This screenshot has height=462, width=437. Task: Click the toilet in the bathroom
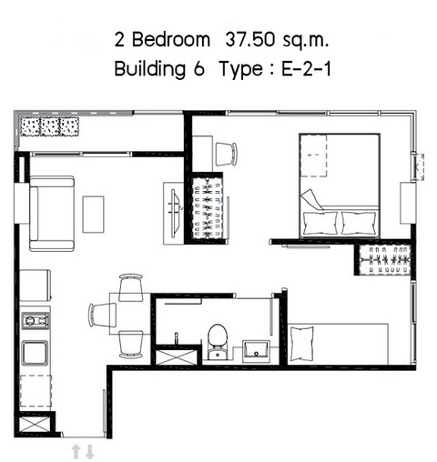click(x=218, y=342)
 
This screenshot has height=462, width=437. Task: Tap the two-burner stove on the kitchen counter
click(x=36, y=320)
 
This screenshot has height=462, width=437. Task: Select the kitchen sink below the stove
click(x=36, y=353)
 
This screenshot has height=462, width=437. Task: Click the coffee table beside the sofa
click(x=94, y=215)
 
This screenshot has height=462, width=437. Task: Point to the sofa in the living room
click(x=52, y=214)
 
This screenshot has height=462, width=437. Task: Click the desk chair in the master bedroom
click(x=226, y=154)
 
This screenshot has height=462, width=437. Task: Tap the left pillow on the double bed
click(x=320, y=223)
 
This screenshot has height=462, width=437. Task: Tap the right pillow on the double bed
click(x=359, y=223)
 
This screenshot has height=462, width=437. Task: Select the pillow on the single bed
click(x=301, y=344)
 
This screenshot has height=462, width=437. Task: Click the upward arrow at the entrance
click(x=76, y=452)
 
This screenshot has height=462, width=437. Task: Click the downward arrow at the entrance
click(x=89, y=452)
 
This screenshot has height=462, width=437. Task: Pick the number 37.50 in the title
click(x=249, y=40)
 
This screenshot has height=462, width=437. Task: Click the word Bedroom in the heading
click(x=171, y=40)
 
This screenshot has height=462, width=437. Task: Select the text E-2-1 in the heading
click(x=306, y=69)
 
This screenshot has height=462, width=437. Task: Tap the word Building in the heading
click(x=149, y=69)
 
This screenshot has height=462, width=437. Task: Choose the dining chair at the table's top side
click(x=131, y=287)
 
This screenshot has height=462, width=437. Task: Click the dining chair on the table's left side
click(x=102, y=315)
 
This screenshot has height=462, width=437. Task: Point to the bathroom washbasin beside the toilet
click(x=257, y=351)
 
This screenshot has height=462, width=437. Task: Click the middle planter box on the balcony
click(x=50, y=126)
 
